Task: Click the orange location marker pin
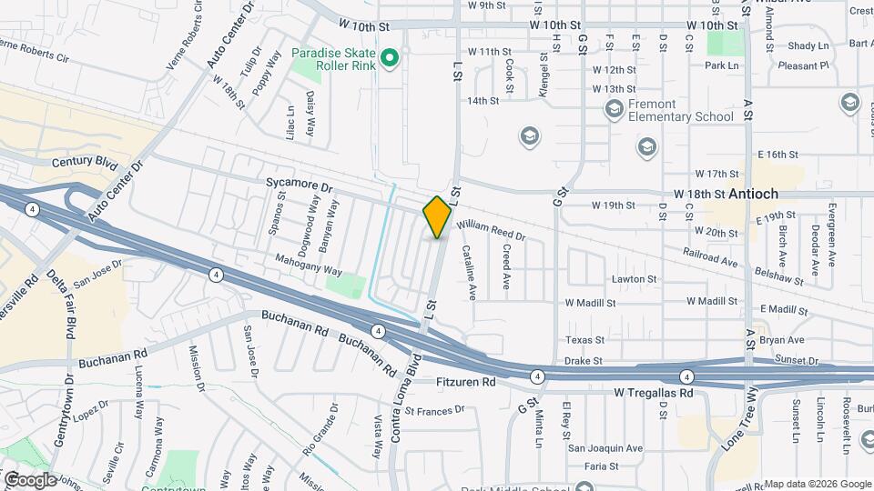pos(437,216)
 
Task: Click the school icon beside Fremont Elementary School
pos(614,110)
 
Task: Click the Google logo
pos(29,479)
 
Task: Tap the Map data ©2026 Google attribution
pos(817,484)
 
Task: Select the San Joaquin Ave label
pos(605,448)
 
